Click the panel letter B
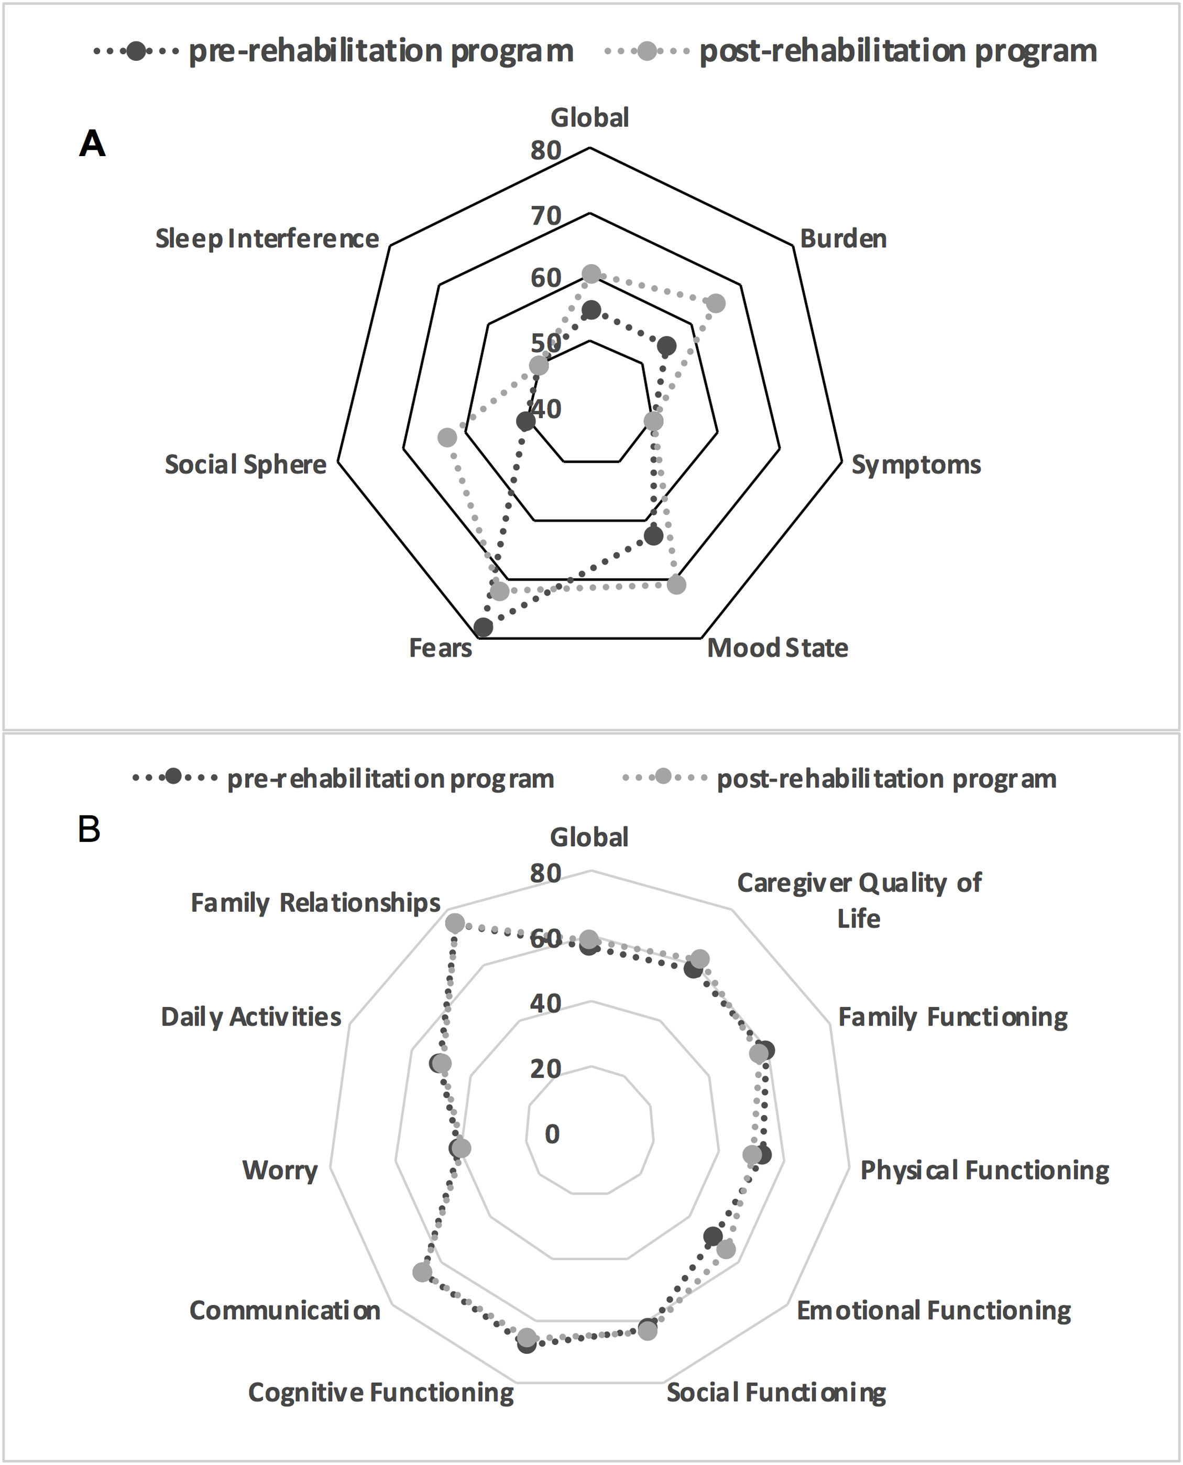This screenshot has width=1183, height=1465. [89, 830]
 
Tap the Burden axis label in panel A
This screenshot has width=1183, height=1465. [843, 238]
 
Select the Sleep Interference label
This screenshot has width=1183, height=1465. [267, 238]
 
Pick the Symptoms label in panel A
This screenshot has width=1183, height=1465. [916, 465]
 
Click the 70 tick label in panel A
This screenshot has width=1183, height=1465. [546, 216]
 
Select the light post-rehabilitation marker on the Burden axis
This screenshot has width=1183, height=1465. [716, 304]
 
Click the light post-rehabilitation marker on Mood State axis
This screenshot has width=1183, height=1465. [676, 585]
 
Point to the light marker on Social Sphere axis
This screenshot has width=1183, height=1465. [447, 438]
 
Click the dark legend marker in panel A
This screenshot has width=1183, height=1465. [136, 51]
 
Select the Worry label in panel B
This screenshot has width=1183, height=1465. [280, 1171]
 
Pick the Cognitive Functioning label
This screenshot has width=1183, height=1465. [380, 1393]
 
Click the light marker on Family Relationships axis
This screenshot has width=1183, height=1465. [455, 924]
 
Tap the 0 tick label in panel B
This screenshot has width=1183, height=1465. [552, 1134]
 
